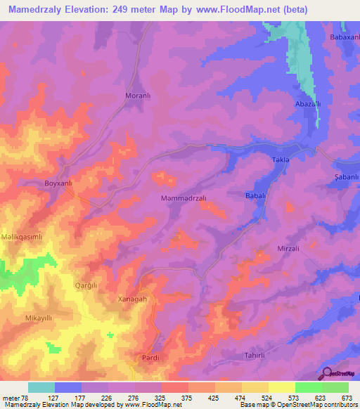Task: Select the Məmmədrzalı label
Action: (x=184, y=199)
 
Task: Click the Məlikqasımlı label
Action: (x=22, y=237)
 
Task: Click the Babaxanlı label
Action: (x=344, y=37)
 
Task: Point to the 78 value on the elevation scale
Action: (x=29, y=398)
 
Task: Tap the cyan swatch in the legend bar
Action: (x=41, y=387)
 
